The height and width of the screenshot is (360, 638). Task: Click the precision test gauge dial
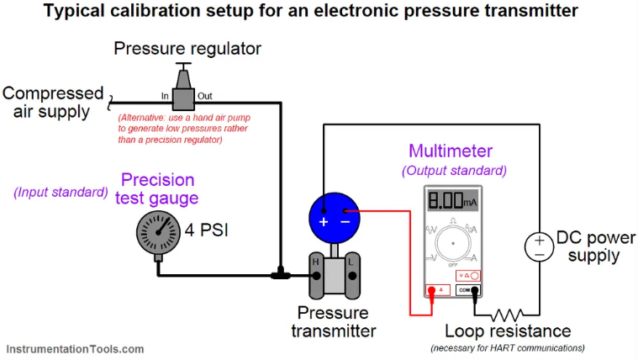158,232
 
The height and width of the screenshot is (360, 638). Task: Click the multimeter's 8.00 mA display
452,202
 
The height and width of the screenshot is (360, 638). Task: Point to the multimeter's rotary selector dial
452,243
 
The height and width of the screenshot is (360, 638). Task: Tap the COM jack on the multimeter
467,290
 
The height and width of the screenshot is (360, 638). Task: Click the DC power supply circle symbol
539,246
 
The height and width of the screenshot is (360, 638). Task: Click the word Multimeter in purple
451,151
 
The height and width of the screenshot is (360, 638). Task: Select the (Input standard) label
61,192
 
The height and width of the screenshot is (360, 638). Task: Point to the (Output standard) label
455,171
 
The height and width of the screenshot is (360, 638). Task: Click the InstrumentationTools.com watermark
76,348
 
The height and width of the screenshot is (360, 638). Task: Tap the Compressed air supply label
52,103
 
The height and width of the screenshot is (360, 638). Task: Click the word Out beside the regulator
204,96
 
